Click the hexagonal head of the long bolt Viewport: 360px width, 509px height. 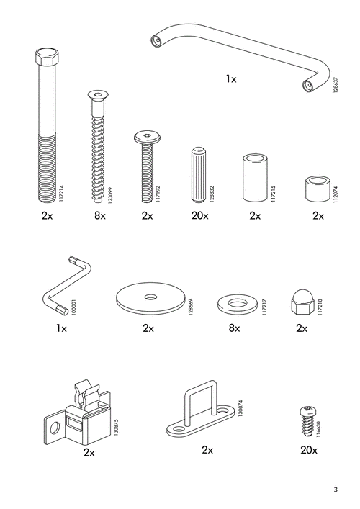tap(47, 56)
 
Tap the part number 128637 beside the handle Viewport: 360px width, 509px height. tap(336, 85)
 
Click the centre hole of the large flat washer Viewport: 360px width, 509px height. tap(150, 297)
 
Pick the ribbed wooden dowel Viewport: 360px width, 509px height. tap(198, 175)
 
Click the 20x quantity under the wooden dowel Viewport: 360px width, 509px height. tap(199, 215)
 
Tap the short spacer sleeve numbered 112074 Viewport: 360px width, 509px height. tap(317, 189)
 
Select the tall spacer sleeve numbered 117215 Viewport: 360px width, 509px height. tap(255, 179)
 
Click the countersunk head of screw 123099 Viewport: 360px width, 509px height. tap(98, 95)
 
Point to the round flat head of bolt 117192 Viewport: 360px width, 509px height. tap(148, 138)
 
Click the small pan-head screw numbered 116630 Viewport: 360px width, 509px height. tap(307, 421)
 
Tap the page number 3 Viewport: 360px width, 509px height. tap(336, 489)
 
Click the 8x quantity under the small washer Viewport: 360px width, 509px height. tap(234, 328)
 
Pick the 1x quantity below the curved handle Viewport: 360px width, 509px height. tap(231, 78)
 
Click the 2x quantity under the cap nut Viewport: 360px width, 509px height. tap(302, 328)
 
